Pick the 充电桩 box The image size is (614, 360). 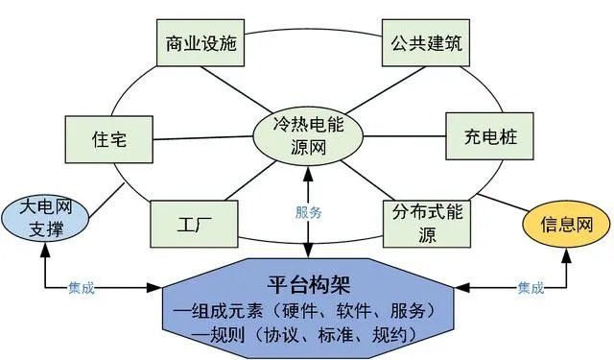483,136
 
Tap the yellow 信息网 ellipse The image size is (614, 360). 564,226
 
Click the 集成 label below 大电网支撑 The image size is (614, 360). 82,288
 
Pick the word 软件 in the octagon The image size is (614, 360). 355,311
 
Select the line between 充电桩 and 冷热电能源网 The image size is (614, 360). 404,136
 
